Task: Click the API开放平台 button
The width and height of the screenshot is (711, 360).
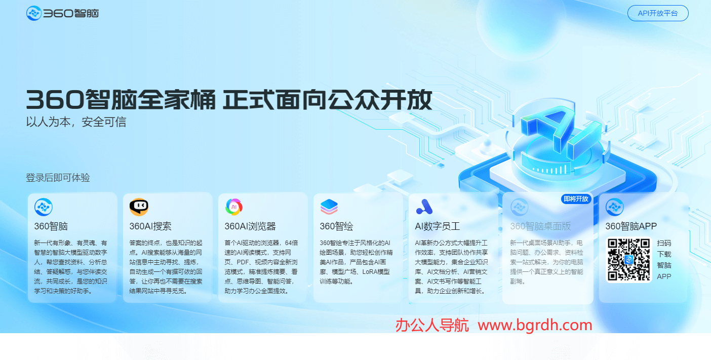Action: [x=658, y=13]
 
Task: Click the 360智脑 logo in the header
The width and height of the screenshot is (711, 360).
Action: [x=62, y=13]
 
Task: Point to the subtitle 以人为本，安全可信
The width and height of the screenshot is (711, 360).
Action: [x=76, y=122]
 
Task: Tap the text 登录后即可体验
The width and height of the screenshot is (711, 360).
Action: [x=58, y=178]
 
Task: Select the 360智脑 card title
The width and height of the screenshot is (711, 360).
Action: [x=51, y=226]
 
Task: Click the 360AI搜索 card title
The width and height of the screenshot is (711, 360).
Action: [x=150, y=226]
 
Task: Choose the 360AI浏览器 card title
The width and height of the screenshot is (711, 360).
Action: [x=250, y=226]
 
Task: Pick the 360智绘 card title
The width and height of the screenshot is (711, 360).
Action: [x=336, y=226]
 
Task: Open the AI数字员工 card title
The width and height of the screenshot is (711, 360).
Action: [x=438, y=226]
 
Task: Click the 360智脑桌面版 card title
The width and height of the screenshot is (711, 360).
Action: [x=540, y=226]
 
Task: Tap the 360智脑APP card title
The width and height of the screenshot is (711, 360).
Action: [x=631, y=226]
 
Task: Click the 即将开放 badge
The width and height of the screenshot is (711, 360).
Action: [x=576, y=199]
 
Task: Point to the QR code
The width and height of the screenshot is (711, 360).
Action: [x=629, y=260]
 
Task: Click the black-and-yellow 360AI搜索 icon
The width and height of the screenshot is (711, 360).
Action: [x=139, y=207]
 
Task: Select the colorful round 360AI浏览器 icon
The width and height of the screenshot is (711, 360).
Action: [x=234, y=207]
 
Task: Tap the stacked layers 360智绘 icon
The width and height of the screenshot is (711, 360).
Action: [x=329, y=207]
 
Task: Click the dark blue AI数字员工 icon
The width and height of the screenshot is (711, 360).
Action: [x=424, y=207]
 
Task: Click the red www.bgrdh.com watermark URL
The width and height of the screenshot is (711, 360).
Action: [x=535, y=325]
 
